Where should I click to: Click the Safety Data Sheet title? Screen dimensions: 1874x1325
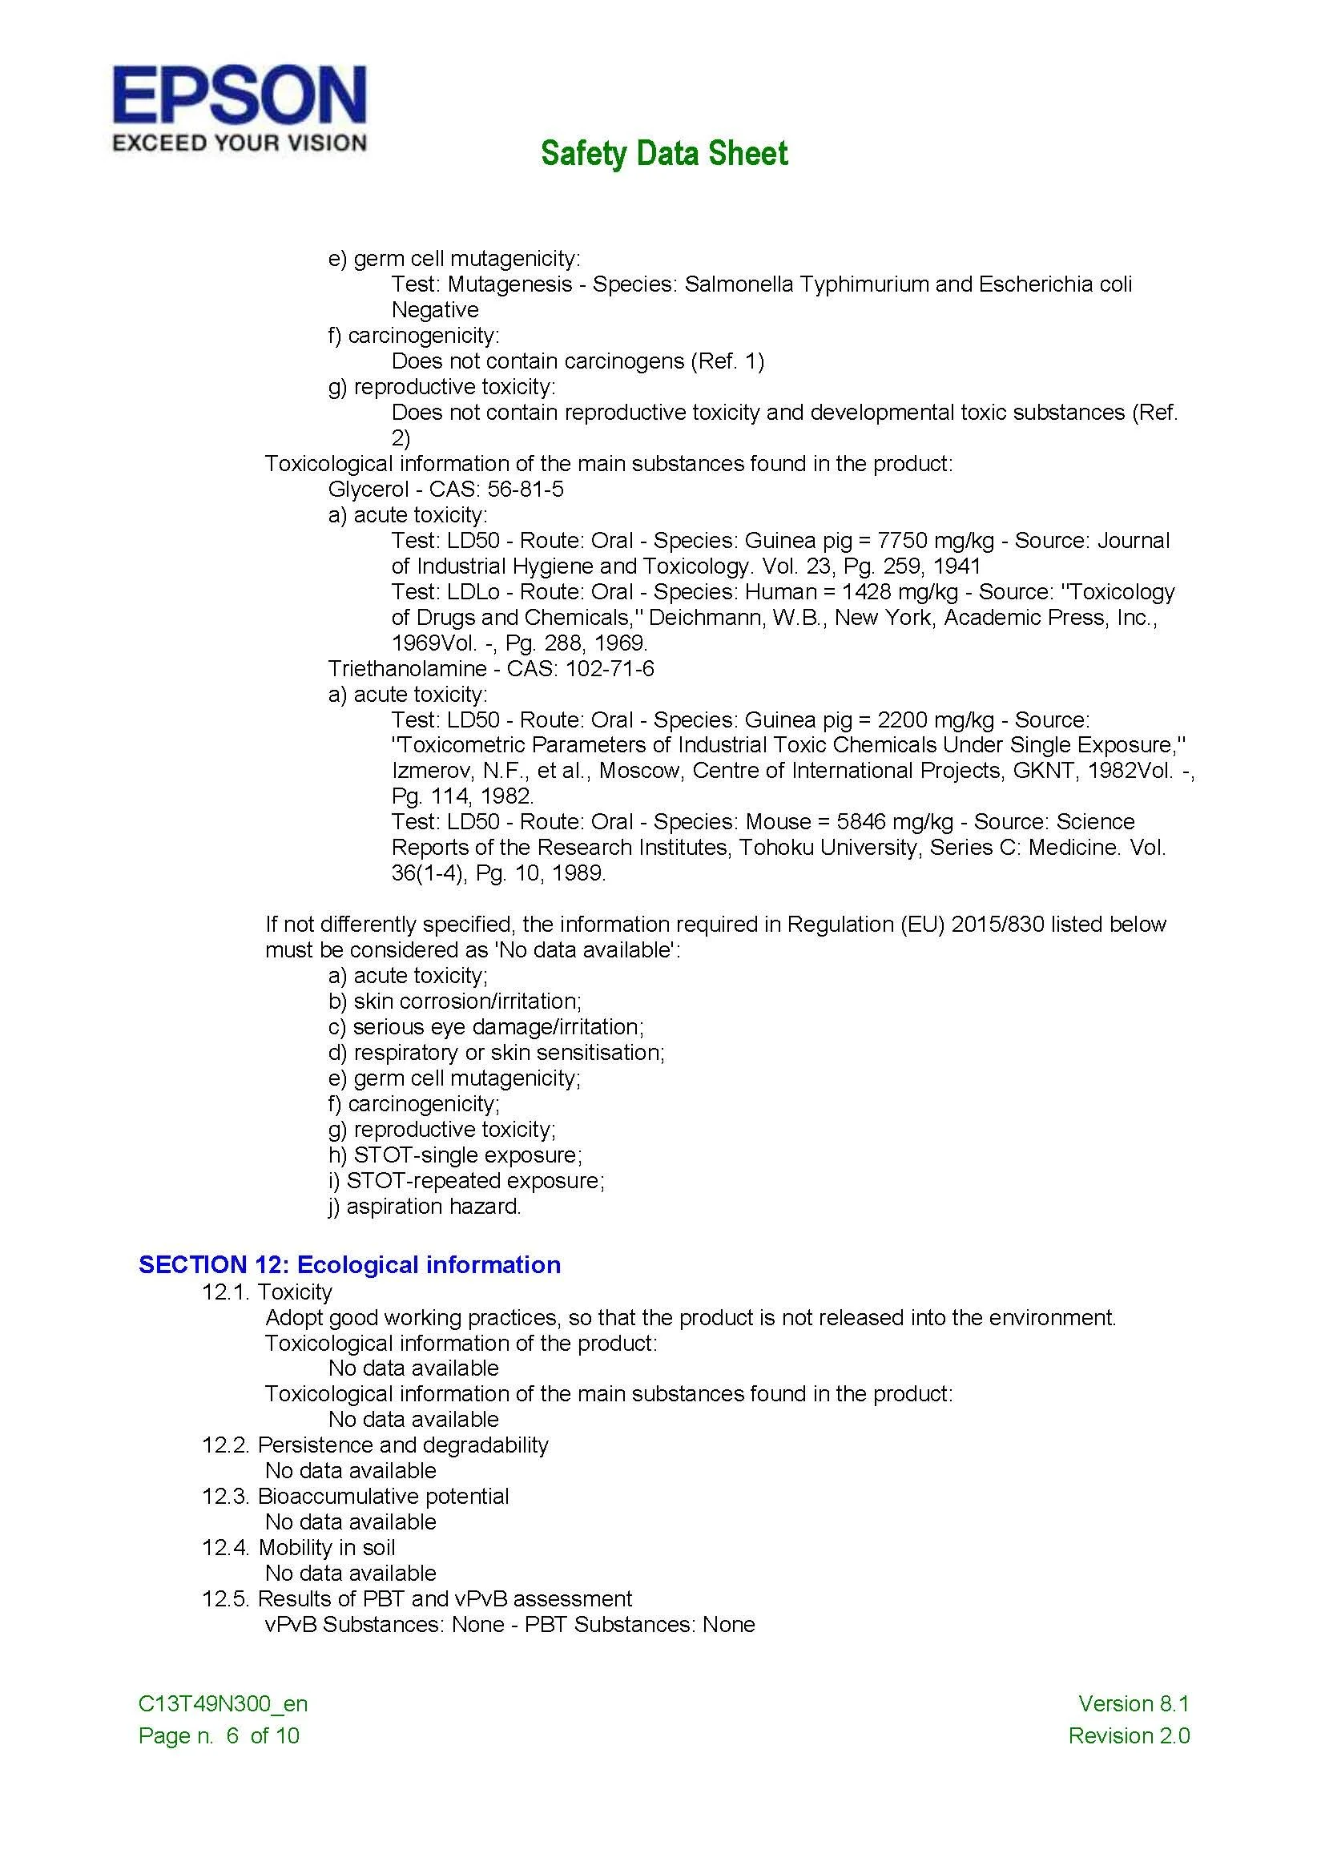(664, 154)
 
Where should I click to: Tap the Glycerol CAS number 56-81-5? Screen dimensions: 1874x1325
(526, 489)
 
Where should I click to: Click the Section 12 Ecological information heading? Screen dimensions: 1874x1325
(350, 1264)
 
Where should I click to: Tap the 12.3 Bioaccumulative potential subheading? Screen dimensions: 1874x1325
(356, 1496)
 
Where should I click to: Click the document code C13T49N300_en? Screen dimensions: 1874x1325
(224, 1703)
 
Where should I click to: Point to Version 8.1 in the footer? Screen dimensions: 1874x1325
(1134, 1703)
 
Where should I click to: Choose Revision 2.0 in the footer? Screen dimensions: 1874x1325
(1130, 1735)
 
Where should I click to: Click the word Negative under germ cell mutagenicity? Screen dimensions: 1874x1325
(435, 310)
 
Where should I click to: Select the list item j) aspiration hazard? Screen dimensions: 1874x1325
(425, 1206)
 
